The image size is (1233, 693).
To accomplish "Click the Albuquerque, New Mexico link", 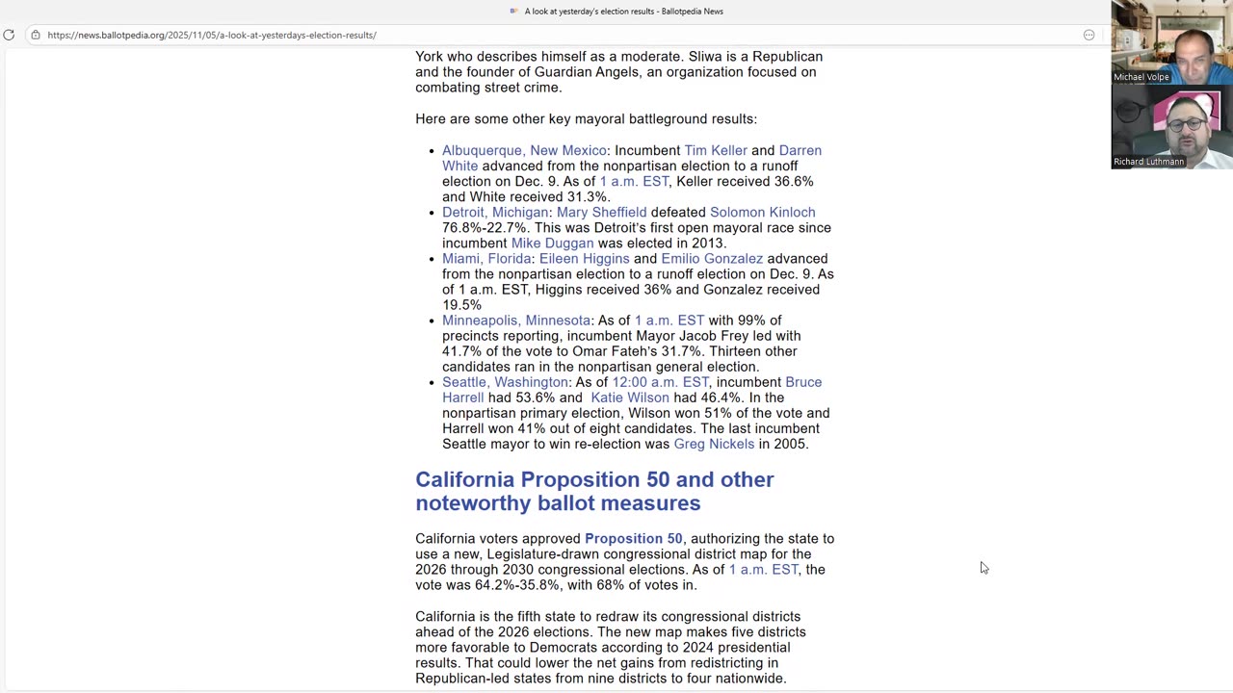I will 524,150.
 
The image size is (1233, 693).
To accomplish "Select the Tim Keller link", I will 715,150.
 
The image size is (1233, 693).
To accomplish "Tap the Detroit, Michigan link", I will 494,212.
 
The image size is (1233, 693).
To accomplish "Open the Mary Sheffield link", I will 601,212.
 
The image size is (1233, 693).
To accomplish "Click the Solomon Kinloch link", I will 762,212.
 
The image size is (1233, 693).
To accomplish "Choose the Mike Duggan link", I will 552,243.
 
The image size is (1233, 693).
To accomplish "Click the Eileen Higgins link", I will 584,258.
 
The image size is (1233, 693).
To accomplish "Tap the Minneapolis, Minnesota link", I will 515,321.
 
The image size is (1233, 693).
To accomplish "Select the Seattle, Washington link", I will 505,382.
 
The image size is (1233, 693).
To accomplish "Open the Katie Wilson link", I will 629,398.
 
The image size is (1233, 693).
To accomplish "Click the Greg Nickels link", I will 714,444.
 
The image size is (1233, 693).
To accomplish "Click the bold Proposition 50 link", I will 633,539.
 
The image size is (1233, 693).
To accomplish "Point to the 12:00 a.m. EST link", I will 660,382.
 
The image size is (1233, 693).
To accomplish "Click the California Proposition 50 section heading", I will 594,491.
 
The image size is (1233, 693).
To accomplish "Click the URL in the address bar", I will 212,35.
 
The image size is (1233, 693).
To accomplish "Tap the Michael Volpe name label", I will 1141,77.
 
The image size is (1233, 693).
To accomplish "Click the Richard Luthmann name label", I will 1148,162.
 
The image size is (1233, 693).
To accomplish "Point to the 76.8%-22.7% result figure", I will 485,228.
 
